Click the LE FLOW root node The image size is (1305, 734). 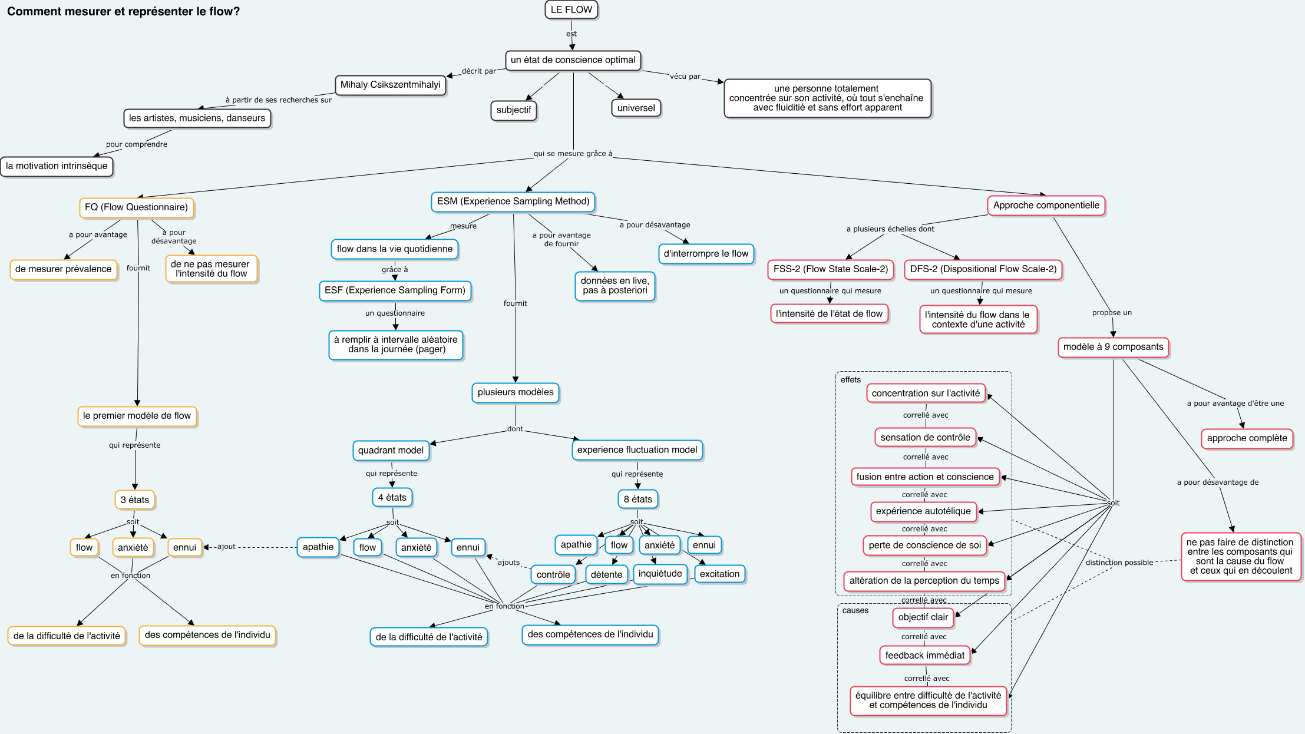[571, 10]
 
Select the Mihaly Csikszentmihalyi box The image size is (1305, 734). [391, 85]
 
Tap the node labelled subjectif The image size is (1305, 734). [514, 110]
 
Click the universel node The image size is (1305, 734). [636, 108]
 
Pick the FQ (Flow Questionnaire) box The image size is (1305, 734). [137, 207]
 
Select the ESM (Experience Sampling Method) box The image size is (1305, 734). [513, 201]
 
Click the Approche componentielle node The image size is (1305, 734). [1046, 206]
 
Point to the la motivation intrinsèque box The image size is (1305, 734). [57, 166]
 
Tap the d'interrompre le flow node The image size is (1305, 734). [706, 254]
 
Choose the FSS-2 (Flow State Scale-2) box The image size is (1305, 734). [831, 269]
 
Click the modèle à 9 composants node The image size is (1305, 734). [1114, 347]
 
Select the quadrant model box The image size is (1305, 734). [391, 451]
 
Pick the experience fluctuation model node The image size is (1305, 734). [637, 450]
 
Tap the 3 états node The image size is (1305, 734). [135, 500]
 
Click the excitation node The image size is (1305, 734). [720, 574]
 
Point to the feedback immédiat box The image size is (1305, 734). [925, 656]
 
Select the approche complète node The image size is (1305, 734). [1247, 438]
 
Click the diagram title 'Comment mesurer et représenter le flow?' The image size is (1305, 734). [124, 12]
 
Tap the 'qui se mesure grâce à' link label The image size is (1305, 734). [573, 154]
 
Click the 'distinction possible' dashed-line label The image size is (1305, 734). [1119, 563]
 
